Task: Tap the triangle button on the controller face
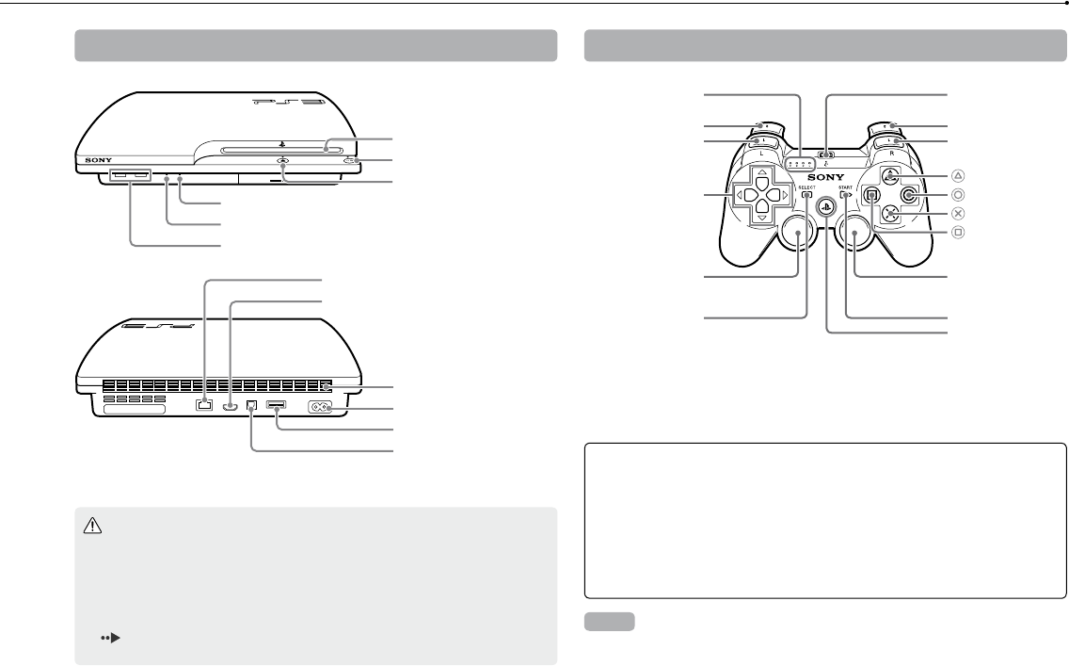[889, 176]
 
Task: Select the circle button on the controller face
[908, 195]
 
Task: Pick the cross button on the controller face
[889, 214]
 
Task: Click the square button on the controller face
[871, 195]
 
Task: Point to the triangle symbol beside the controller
[958, 175]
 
